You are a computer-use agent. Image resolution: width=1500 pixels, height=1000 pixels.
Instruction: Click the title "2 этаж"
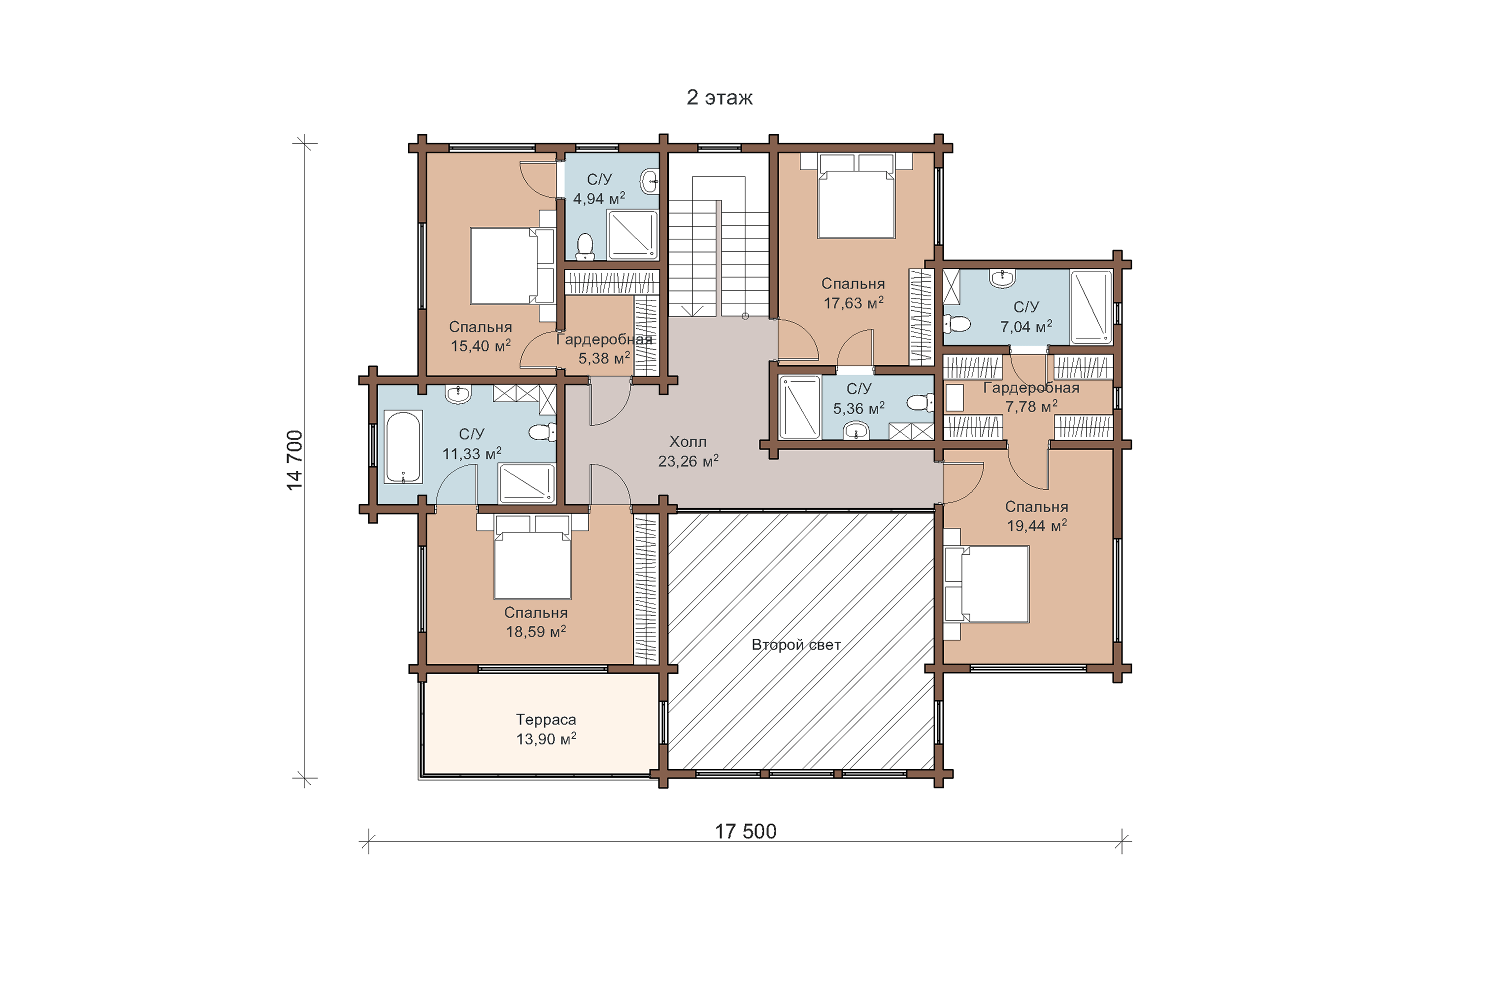pos(719,97)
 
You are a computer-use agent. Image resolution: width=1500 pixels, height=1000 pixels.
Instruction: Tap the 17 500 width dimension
pos(745,831)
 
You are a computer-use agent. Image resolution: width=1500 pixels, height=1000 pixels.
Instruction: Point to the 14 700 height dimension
pos(294,460)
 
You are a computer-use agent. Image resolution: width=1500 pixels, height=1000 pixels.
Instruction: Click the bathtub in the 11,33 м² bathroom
pos(403,447)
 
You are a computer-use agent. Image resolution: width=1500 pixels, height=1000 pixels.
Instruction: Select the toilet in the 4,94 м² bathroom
pos(585,247)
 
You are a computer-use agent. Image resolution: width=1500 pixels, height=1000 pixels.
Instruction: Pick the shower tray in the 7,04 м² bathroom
pos(1091,307)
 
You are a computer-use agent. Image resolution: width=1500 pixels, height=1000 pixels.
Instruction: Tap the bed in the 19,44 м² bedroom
pos(986,584)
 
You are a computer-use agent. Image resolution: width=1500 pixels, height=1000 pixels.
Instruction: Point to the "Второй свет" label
pos(796,645)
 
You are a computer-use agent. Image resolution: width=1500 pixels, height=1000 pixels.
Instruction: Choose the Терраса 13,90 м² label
pos(546,729)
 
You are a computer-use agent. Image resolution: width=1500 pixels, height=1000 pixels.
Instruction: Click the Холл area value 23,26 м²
pos(688,461)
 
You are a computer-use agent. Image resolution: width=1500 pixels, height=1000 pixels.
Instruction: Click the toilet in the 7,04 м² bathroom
pos(956,324)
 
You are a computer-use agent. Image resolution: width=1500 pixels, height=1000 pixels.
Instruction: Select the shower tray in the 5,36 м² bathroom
pos(799,407)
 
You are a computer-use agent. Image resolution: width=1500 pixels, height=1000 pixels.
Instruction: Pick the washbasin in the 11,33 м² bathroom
pos(458,394)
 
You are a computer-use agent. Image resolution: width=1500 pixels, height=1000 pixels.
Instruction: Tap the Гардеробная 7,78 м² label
pos(1031,396)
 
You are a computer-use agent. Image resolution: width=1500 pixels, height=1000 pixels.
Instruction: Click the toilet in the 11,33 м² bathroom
pos(542,432)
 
